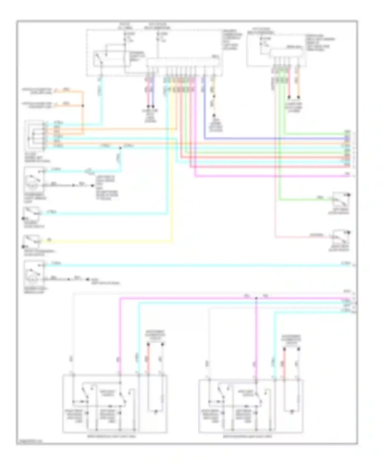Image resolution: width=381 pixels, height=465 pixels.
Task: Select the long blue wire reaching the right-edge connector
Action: pos(274,139)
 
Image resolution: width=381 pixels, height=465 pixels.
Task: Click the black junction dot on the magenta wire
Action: pos(256,298)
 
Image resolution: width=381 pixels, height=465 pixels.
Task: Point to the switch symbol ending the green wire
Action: pos(340,200)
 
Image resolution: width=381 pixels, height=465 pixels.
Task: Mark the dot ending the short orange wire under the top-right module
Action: pos(299,97)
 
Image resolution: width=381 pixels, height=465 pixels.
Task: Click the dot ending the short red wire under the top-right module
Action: pos(289,97)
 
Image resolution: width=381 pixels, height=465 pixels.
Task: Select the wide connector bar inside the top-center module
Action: pos(183,63)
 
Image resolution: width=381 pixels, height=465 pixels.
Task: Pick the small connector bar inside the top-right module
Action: pos(286,53)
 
